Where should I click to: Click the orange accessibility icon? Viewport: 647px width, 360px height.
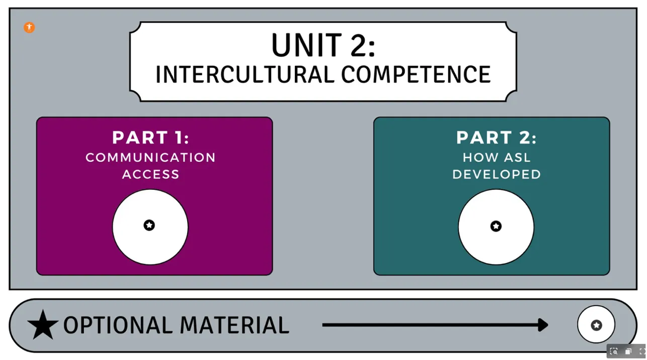(29, 28)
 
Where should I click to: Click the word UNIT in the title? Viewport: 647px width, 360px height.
(307, 45)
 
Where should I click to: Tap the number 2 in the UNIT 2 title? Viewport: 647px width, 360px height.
(358, 45)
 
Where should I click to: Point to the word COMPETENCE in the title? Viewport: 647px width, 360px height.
(416, 75)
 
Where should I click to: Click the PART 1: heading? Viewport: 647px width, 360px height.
(150, 137)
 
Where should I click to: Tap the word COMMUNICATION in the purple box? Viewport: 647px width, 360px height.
(150, 158)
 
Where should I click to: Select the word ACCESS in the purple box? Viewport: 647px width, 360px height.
(150, 174)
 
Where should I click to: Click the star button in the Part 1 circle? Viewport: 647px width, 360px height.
(149, 225)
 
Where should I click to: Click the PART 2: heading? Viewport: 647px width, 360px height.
(496, 137)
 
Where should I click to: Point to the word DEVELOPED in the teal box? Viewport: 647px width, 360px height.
(497, 174)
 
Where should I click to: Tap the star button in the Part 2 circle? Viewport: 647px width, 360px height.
(496, 226)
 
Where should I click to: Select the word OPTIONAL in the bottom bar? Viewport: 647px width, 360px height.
(118, 325)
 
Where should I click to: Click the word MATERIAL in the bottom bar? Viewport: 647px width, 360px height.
(234, 325)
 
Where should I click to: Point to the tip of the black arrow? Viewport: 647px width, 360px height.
(548, 325)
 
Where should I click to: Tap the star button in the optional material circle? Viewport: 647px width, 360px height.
(597, 325)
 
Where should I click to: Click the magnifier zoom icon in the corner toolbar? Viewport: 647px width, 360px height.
(614, 351)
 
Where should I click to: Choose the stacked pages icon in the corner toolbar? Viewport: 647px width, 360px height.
(628, 351)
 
